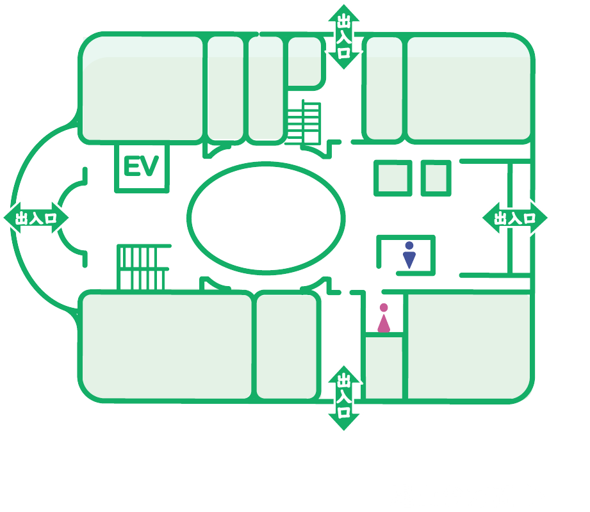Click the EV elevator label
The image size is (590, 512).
point(141,166)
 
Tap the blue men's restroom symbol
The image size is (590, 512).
point(409,255)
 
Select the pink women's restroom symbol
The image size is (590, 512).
point(384,318)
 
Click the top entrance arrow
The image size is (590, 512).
point(343,37)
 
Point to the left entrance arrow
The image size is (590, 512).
point(36,218)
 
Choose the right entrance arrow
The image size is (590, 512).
point(515,218)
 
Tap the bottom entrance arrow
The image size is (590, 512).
point(343,397)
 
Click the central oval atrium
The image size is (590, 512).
point(266,218)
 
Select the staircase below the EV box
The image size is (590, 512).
point(143,268)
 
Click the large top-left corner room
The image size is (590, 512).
point(142,89)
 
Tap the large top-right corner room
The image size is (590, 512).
point(469,89)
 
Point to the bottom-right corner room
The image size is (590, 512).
point(469,346)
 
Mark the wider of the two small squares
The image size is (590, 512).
point(393,178)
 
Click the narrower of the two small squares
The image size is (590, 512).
point(436,178)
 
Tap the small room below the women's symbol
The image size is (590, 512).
point(384,367)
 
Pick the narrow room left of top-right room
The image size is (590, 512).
point(384,89)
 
